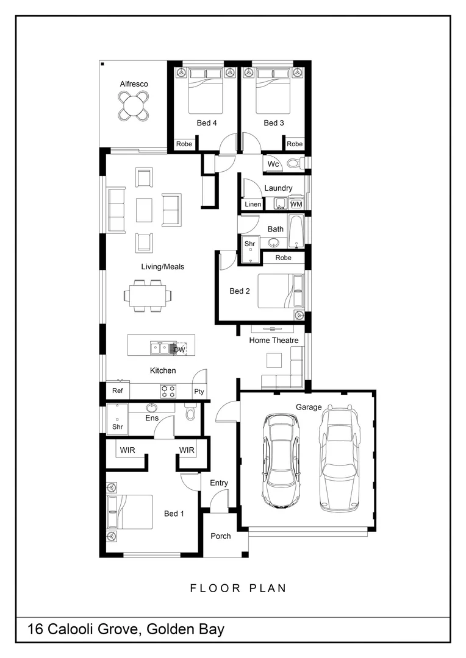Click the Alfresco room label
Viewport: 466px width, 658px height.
[134, 84]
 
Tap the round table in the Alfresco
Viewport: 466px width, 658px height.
[133, 106]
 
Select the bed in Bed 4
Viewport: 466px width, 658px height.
[205, 91]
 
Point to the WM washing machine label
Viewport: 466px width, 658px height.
[296, 204]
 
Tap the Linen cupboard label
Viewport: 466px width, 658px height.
[253, 204]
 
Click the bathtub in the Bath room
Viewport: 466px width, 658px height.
[296, 232]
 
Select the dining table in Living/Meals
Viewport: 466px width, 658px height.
[148, 295]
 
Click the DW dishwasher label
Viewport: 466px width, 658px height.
[179, 350]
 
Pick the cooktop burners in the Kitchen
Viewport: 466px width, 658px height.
[168, 391]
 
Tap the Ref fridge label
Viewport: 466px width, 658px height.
[117, 391]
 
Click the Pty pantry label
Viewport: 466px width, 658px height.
[199, 392]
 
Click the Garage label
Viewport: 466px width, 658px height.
[309, 407]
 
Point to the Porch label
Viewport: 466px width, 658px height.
[221, 536]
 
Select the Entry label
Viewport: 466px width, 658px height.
[219, 483]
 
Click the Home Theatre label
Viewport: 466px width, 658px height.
[274, 341]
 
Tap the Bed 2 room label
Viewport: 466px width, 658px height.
[240, 291]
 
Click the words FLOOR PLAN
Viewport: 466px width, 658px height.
[238, 589]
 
